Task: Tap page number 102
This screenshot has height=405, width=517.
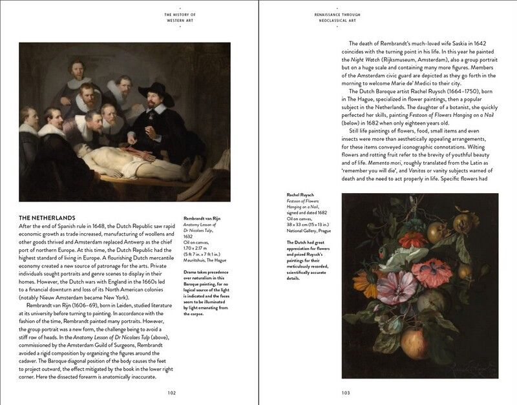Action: (x=172, y=391)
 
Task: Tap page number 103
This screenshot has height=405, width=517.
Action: (x=346, y=391)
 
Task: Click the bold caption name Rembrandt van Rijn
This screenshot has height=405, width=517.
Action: (x=202, y=218)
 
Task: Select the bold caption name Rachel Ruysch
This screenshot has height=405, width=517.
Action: (x=301, y=195)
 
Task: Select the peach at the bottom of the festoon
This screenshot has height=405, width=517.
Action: (x=416, y=342)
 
